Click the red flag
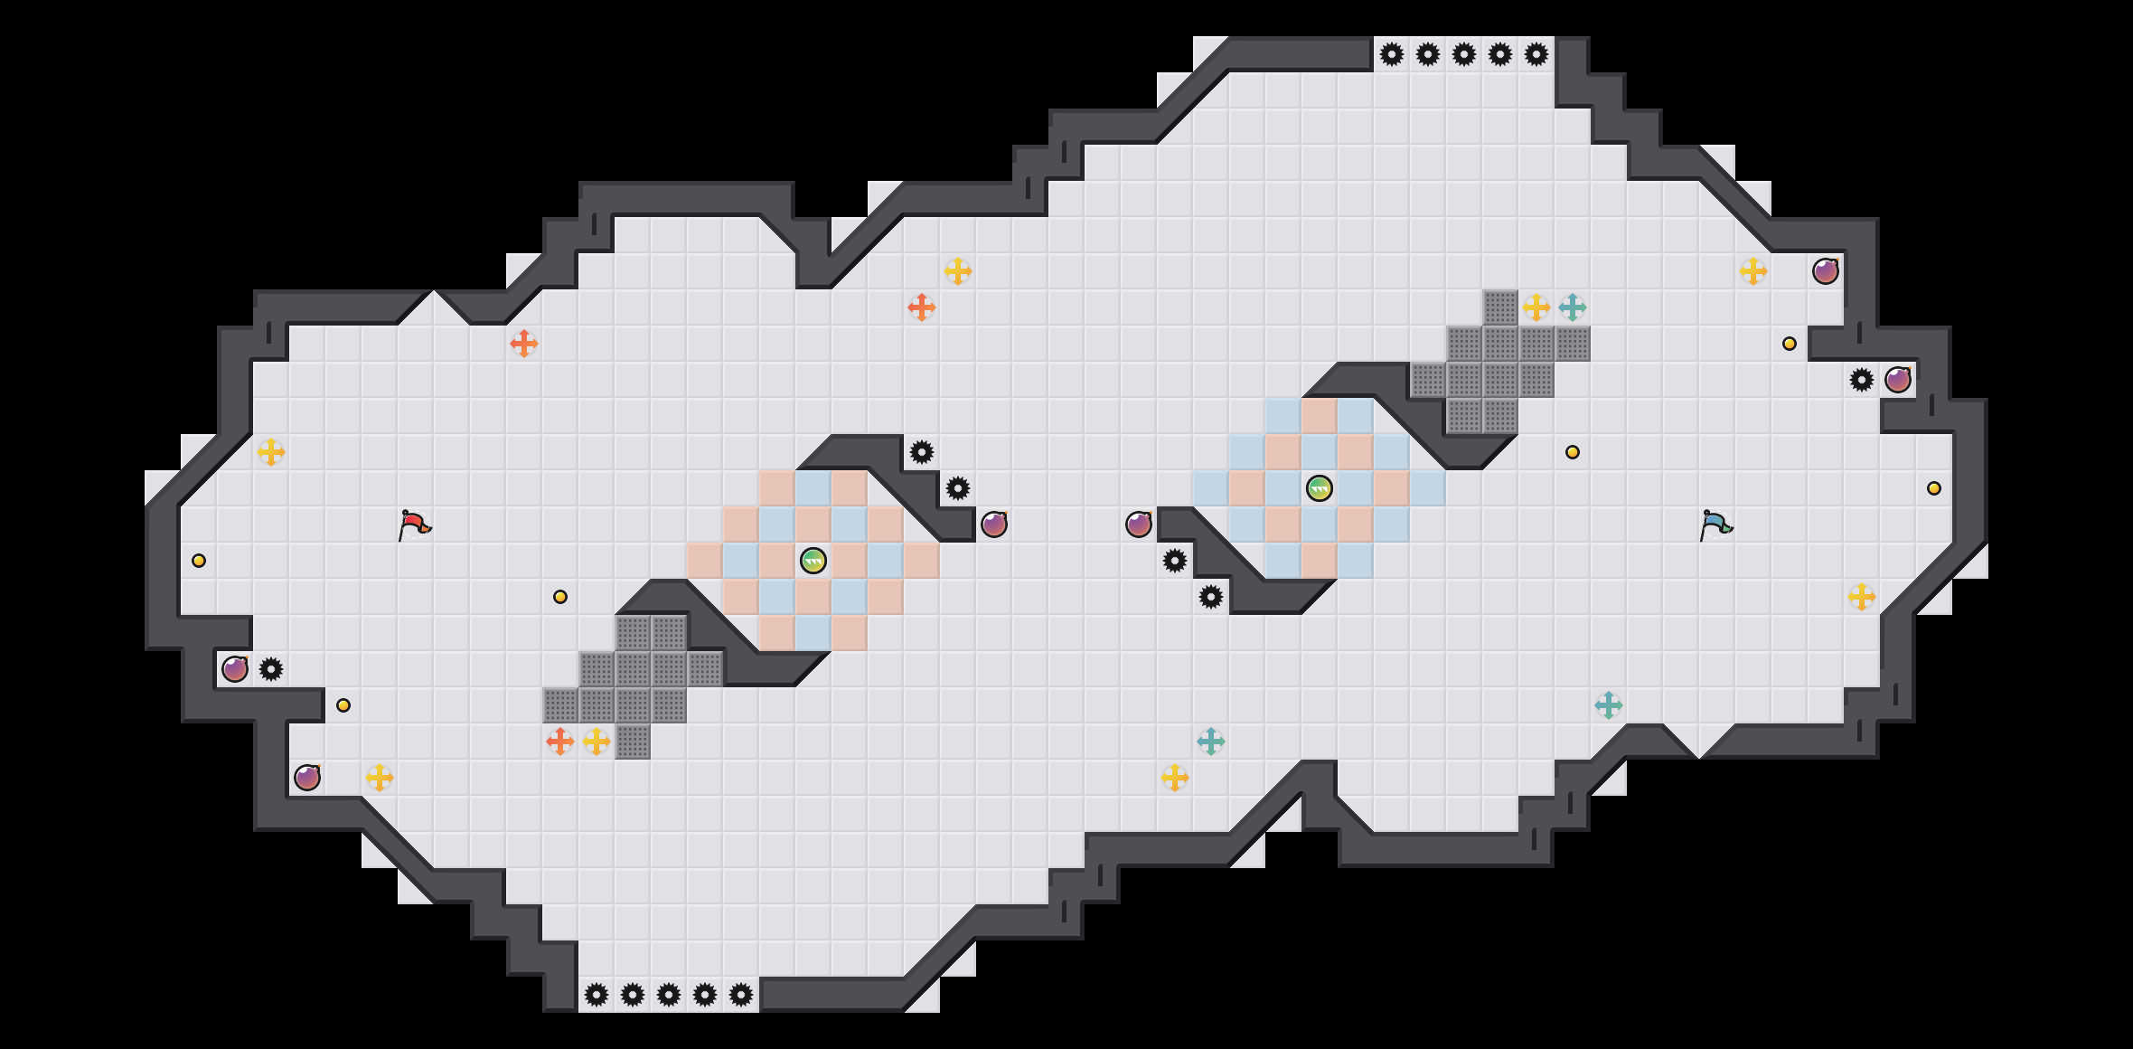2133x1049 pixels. pyautogui.click(x=414, y=524)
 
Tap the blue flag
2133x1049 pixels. pyautogui.click(x=1715, y=524)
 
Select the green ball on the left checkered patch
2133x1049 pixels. pyautogui.click(x=813, y=561)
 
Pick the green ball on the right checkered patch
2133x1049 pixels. pyautogui.click(x=1320, y=488)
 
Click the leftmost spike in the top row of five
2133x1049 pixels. pyautogui.click(x=1392, y=54)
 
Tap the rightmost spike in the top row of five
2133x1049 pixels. pyautogui.click(x=1536, y=54)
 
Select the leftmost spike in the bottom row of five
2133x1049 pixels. pyautogui.click(x=597, y=995)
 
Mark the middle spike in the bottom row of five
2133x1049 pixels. pyautogui.click(x=669, y=995)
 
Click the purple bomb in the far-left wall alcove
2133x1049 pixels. pyautogui.click(x=235, y=669)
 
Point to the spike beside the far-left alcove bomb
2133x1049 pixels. pyautogui.click(x=271, y=669)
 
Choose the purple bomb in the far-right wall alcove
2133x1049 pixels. pyautogui.click(x=1898, y=380)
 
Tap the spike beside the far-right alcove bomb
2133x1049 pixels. pyautogui.click(x=1862, y=380)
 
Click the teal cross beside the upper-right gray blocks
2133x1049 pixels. pyautogui.click(x=1573, y=307)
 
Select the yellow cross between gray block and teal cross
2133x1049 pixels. pyautogui.click(x=1536, y=307)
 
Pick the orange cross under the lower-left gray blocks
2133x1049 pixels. pyautogui.click(x=560, y=742)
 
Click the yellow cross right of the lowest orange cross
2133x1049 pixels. pyautogui.click(x=597, y=742)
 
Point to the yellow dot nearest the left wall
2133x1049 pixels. pyautogui.click(x=199, y=561)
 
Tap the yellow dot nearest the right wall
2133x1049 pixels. pyautogui.click(x=1934, y=488)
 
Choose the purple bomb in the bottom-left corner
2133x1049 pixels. pyautogui.click(x=307, y=778)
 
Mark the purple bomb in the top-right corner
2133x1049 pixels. pyautogui.click(x=1826, y=271)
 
